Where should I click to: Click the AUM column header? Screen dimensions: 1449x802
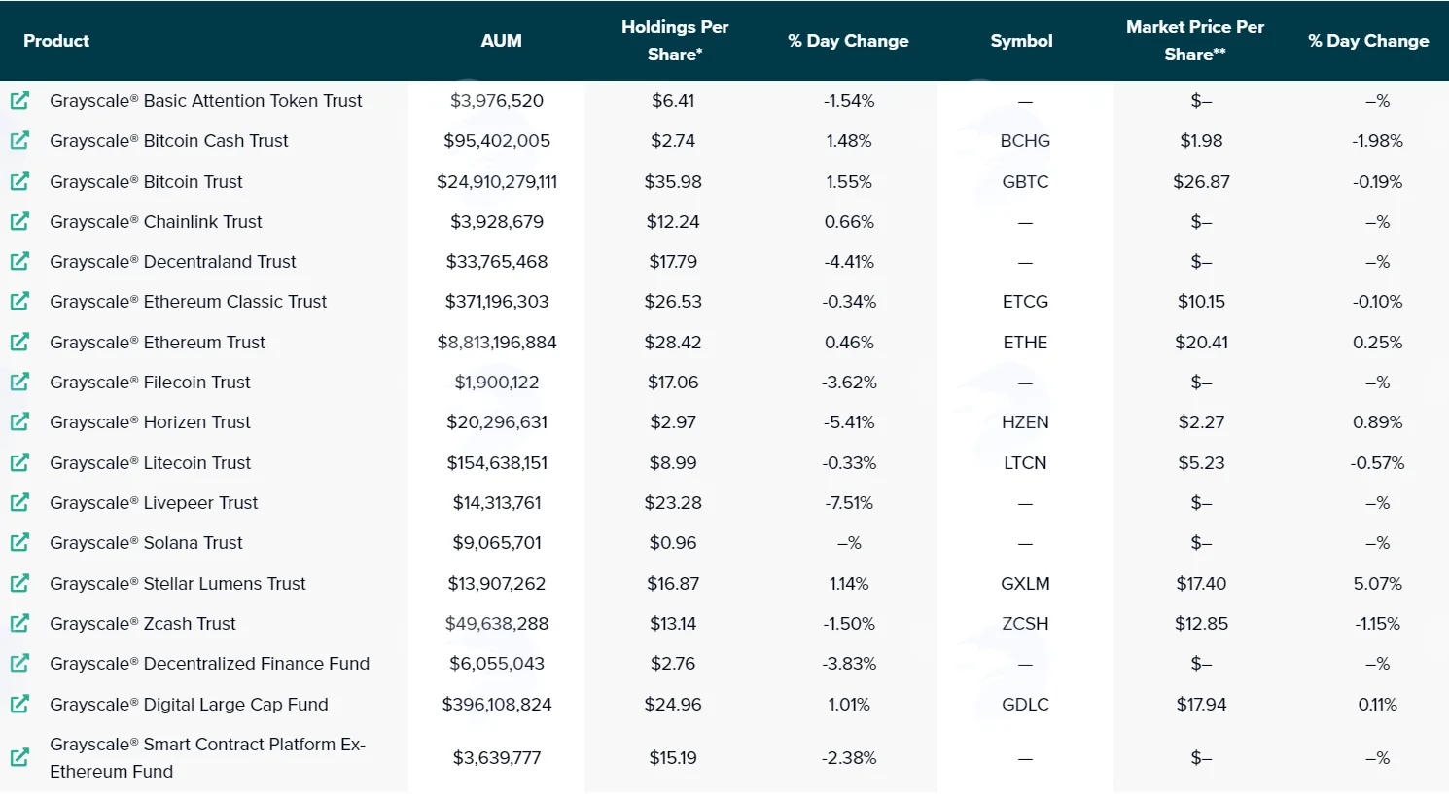(501, 41)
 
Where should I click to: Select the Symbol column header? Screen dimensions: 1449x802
(1021, 41)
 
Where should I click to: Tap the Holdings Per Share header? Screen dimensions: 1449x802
(675, 41)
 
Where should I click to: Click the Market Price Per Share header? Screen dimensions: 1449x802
(1195, 41)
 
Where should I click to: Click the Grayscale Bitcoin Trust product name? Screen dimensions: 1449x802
(146, 181)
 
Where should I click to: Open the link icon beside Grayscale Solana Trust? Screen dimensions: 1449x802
(19, 542)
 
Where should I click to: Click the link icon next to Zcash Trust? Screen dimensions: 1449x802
(19, 623)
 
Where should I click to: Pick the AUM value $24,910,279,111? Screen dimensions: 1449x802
(497, 181)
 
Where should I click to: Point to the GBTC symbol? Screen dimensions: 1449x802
(1025, 181)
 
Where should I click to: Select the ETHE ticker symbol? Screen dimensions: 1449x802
(1025, 342)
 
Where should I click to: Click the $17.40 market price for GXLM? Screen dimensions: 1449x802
(1201, 583)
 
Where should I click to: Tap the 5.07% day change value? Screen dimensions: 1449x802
(1377, 583)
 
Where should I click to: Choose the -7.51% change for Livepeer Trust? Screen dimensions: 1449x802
(849, 503)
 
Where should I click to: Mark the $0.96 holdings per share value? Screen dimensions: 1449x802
(673, 542)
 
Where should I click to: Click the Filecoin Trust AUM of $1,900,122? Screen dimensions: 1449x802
(497, 382)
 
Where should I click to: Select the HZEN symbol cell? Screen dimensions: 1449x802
(1025, 422)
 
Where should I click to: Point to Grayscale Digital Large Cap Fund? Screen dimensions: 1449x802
(189, 704)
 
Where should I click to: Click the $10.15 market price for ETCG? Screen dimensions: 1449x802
(1201, 301)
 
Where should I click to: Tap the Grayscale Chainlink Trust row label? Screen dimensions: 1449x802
(156, 221)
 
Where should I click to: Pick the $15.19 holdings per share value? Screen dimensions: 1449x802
(673, 757)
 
